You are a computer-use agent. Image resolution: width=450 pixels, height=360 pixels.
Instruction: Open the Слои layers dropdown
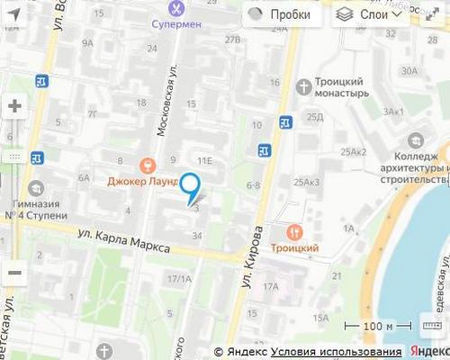[369, 14]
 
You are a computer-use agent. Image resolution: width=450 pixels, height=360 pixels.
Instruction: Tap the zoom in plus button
[14, 106]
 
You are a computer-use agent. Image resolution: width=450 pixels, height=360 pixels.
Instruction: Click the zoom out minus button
[14, 271]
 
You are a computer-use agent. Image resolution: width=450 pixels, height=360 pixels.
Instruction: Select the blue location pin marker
[191, 185]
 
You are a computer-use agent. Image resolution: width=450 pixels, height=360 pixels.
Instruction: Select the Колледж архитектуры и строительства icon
[415, 141]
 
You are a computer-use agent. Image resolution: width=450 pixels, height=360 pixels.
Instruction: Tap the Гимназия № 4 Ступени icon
[36, 189]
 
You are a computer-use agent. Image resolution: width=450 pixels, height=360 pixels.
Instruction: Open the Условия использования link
[336, 351]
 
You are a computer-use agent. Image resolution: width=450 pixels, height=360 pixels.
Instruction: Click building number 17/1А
[179, 279]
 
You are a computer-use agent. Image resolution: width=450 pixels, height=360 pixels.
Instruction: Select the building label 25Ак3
[307, 183]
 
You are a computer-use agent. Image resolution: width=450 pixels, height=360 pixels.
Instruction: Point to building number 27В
[233, 40]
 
